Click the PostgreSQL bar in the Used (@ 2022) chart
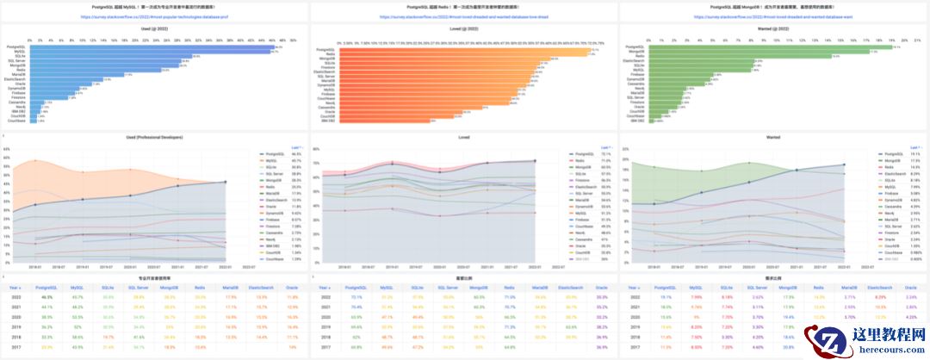[x=155, y=47]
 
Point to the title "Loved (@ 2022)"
[x=464, y=28]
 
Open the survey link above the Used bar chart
[x=155, y=16]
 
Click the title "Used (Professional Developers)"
[x=155, y=136]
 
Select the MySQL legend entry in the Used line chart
[x=273, y=160]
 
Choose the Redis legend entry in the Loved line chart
[x=581, y=160]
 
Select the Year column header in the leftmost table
[x=15, y=287]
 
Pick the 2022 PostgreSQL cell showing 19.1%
[x=664, y=296]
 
